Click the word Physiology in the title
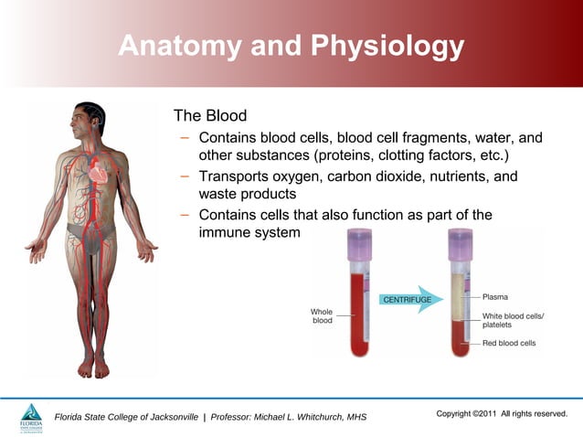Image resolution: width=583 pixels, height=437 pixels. click(x=376, y=46)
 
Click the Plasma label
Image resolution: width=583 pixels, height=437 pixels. click(x=502, y=296)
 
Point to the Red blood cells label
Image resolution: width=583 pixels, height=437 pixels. click(x=509, y=344)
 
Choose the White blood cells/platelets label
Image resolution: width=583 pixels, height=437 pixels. click(x=513, y=320)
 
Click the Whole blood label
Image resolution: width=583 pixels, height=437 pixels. click(x=323, y=316)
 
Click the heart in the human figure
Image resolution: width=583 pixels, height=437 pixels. click(x=98, y=173)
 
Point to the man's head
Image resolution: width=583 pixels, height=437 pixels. click(x=90, y=117)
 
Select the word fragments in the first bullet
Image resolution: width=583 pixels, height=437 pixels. click(x=400, y=138)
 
